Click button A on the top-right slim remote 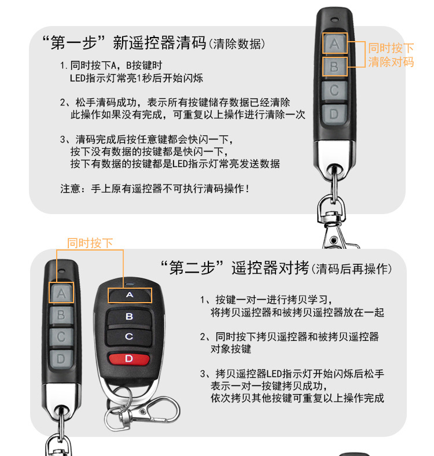pyautogui.click(x=334, y=43)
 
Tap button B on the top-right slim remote pyautogui.click(x=334, y=67)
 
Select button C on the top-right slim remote pyautogui.click(x=334, y=90)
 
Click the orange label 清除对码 pyautogui.click(x=391, y=62)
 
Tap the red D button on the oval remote pyautogui.click(x=128, y=359)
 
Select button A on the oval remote pyautogui.click(x=129, y=295)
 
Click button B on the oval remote pyautogui.click(x=129, y=317)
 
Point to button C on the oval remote pyautogui.click(x=129, y=336)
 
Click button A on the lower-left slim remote pyautogui.click(x=61, y=294)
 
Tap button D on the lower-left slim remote pyautogui.click(x=61, y=359)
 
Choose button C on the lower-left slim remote pyautogui.click(x=61, y=337)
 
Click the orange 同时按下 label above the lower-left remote pyautogui.click(x=90, y=243)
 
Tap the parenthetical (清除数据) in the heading pyautogui.click(x=238, y=44)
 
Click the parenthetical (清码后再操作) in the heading pyautogui.click(x=352, y=269)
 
